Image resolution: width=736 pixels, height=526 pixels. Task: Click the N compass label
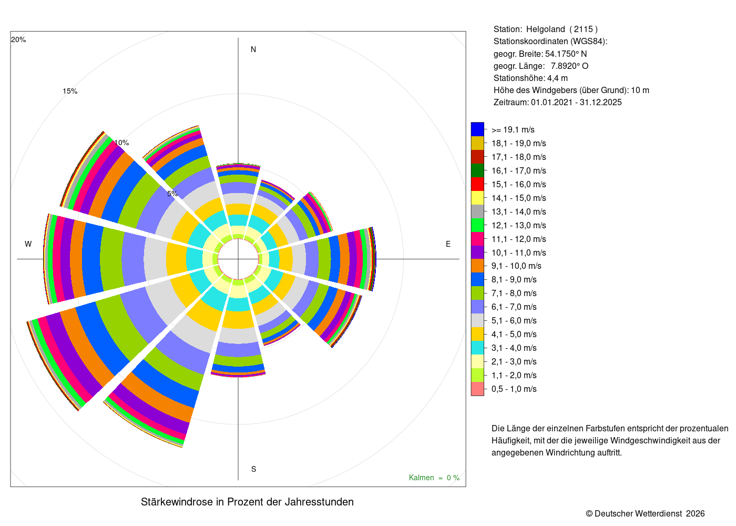(x=253, y=49)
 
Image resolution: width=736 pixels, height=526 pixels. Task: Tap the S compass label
(x=253, y=469)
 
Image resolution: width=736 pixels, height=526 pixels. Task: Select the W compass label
(x=28, y=244)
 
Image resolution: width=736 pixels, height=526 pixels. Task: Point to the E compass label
(x=448, y=244)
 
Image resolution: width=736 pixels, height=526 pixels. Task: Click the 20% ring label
(x=18, y=39)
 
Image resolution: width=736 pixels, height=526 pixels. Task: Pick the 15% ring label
(x=70, y=91)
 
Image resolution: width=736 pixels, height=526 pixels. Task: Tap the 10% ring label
(x=121, y=143)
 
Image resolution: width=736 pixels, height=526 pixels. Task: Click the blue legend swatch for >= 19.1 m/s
(x=477, y=129)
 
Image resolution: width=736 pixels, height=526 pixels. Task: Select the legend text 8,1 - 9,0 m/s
(x=514, y=279)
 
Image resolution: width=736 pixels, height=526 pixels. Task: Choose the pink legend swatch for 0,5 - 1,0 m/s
(x=477, y=389)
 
